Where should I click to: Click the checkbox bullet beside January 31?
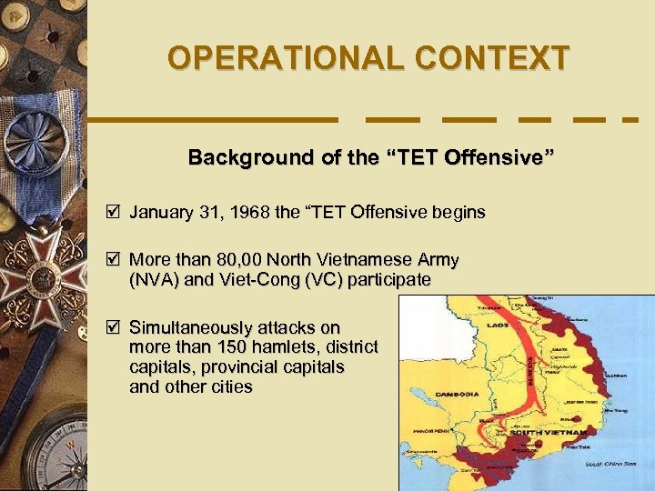113,212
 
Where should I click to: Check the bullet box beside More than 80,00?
113,259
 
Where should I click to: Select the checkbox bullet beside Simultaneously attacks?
113,327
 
